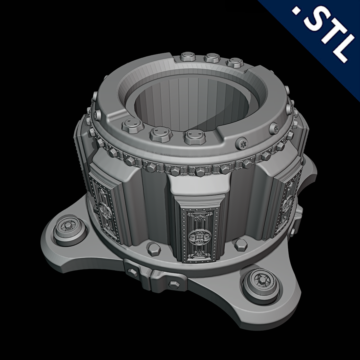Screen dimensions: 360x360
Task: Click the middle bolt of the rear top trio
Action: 212,58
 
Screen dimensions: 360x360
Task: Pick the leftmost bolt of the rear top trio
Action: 188,58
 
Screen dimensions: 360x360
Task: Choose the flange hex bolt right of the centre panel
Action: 241,245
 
